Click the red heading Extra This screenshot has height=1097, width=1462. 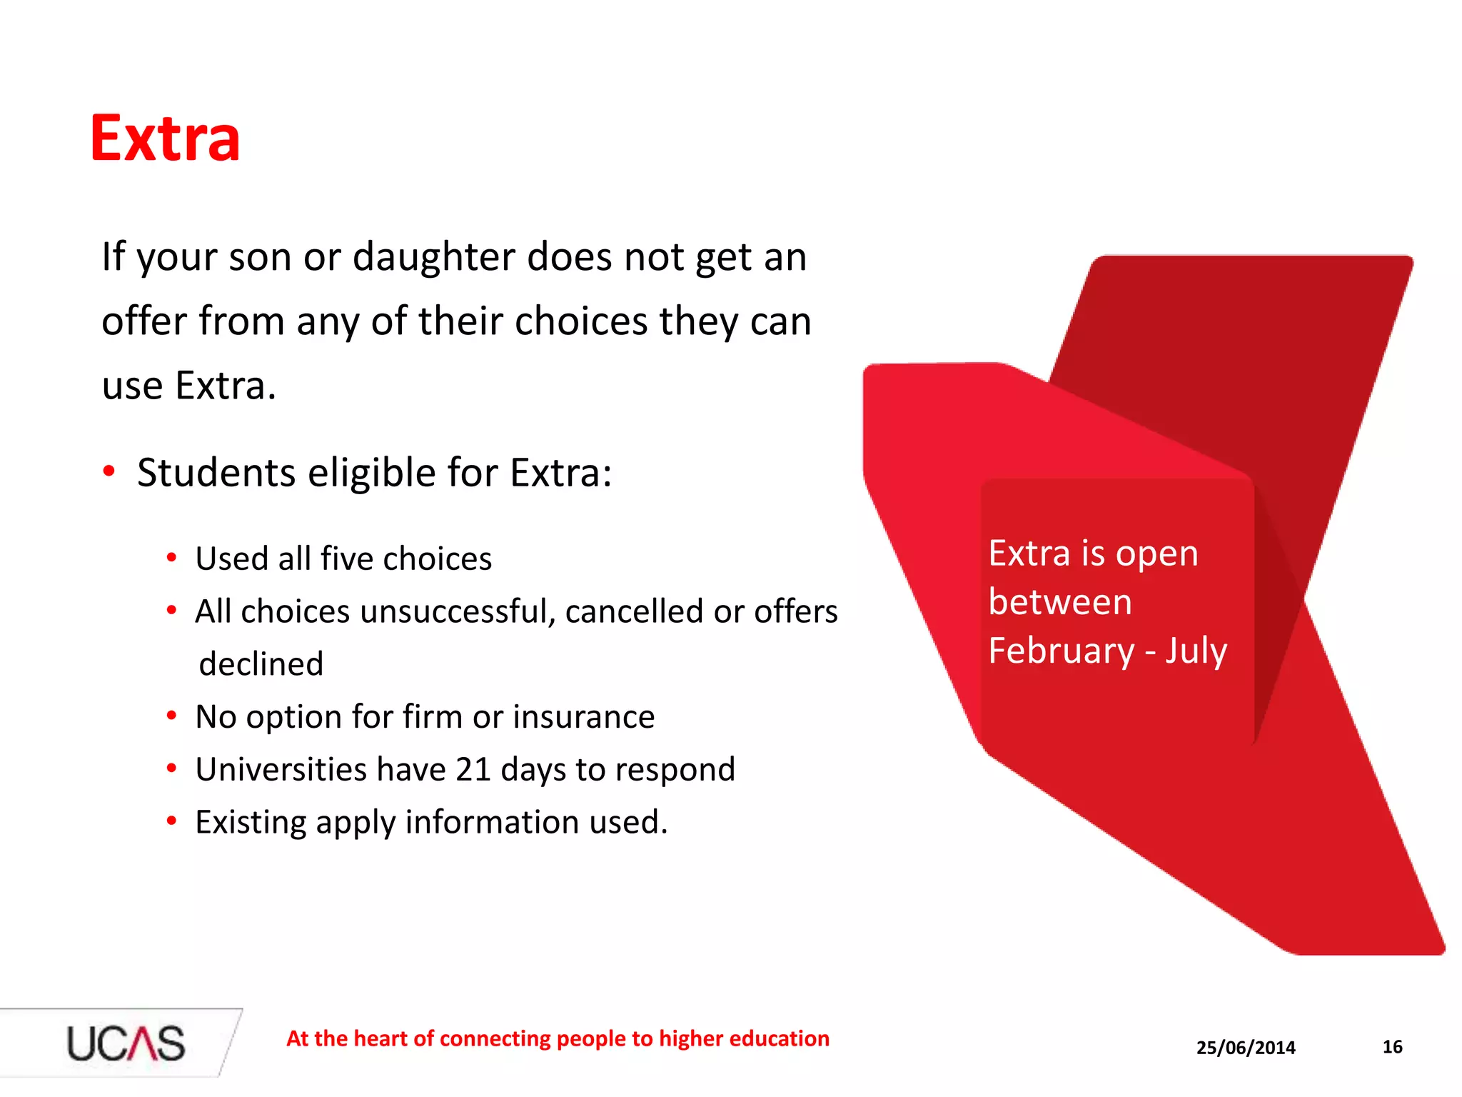pyautogui.click(x=165, y=139)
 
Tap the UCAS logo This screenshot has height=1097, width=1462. pyautogui.click(x=126, y=1043)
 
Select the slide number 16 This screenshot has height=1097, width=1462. pyautogui.click(x=1392, y=1047)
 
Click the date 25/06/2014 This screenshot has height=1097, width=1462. pyautogui.click(x=1246, y=1048)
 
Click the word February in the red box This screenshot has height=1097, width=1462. pyautogui.click(x=1062, y=651)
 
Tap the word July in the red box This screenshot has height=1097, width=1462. pyautogui.click(x=1196, y=651)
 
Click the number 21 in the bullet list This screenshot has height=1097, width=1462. pyautogui.click(x=473, y=770)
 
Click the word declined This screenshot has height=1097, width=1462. pyautogui.click(x=261, y=664)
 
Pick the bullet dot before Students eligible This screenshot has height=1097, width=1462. pyautogui.click(x=109, y=471)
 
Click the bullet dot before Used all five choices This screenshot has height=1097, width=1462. pyautogui.click(x=171, y=558)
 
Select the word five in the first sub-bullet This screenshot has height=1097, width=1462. pyautogui.click(x=348, y=558)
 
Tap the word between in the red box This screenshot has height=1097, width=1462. pyautogui.click(x=1060, y=602)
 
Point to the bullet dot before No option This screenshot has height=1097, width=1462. pyautogui.click(x=171, y=716)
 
